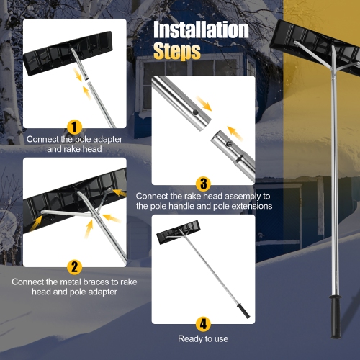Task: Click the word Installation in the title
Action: coord(201,31)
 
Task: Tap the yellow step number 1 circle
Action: coord(74,126)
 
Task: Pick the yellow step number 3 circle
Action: coord(203,184)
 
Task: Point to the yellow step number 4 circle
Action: coord(203,323)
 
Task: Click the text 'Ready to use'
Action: coord(203,338)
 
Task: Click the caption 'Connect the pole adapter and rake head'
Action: coord(74,144)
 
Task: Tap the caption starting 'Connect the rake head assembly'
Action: coord(203,201)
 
